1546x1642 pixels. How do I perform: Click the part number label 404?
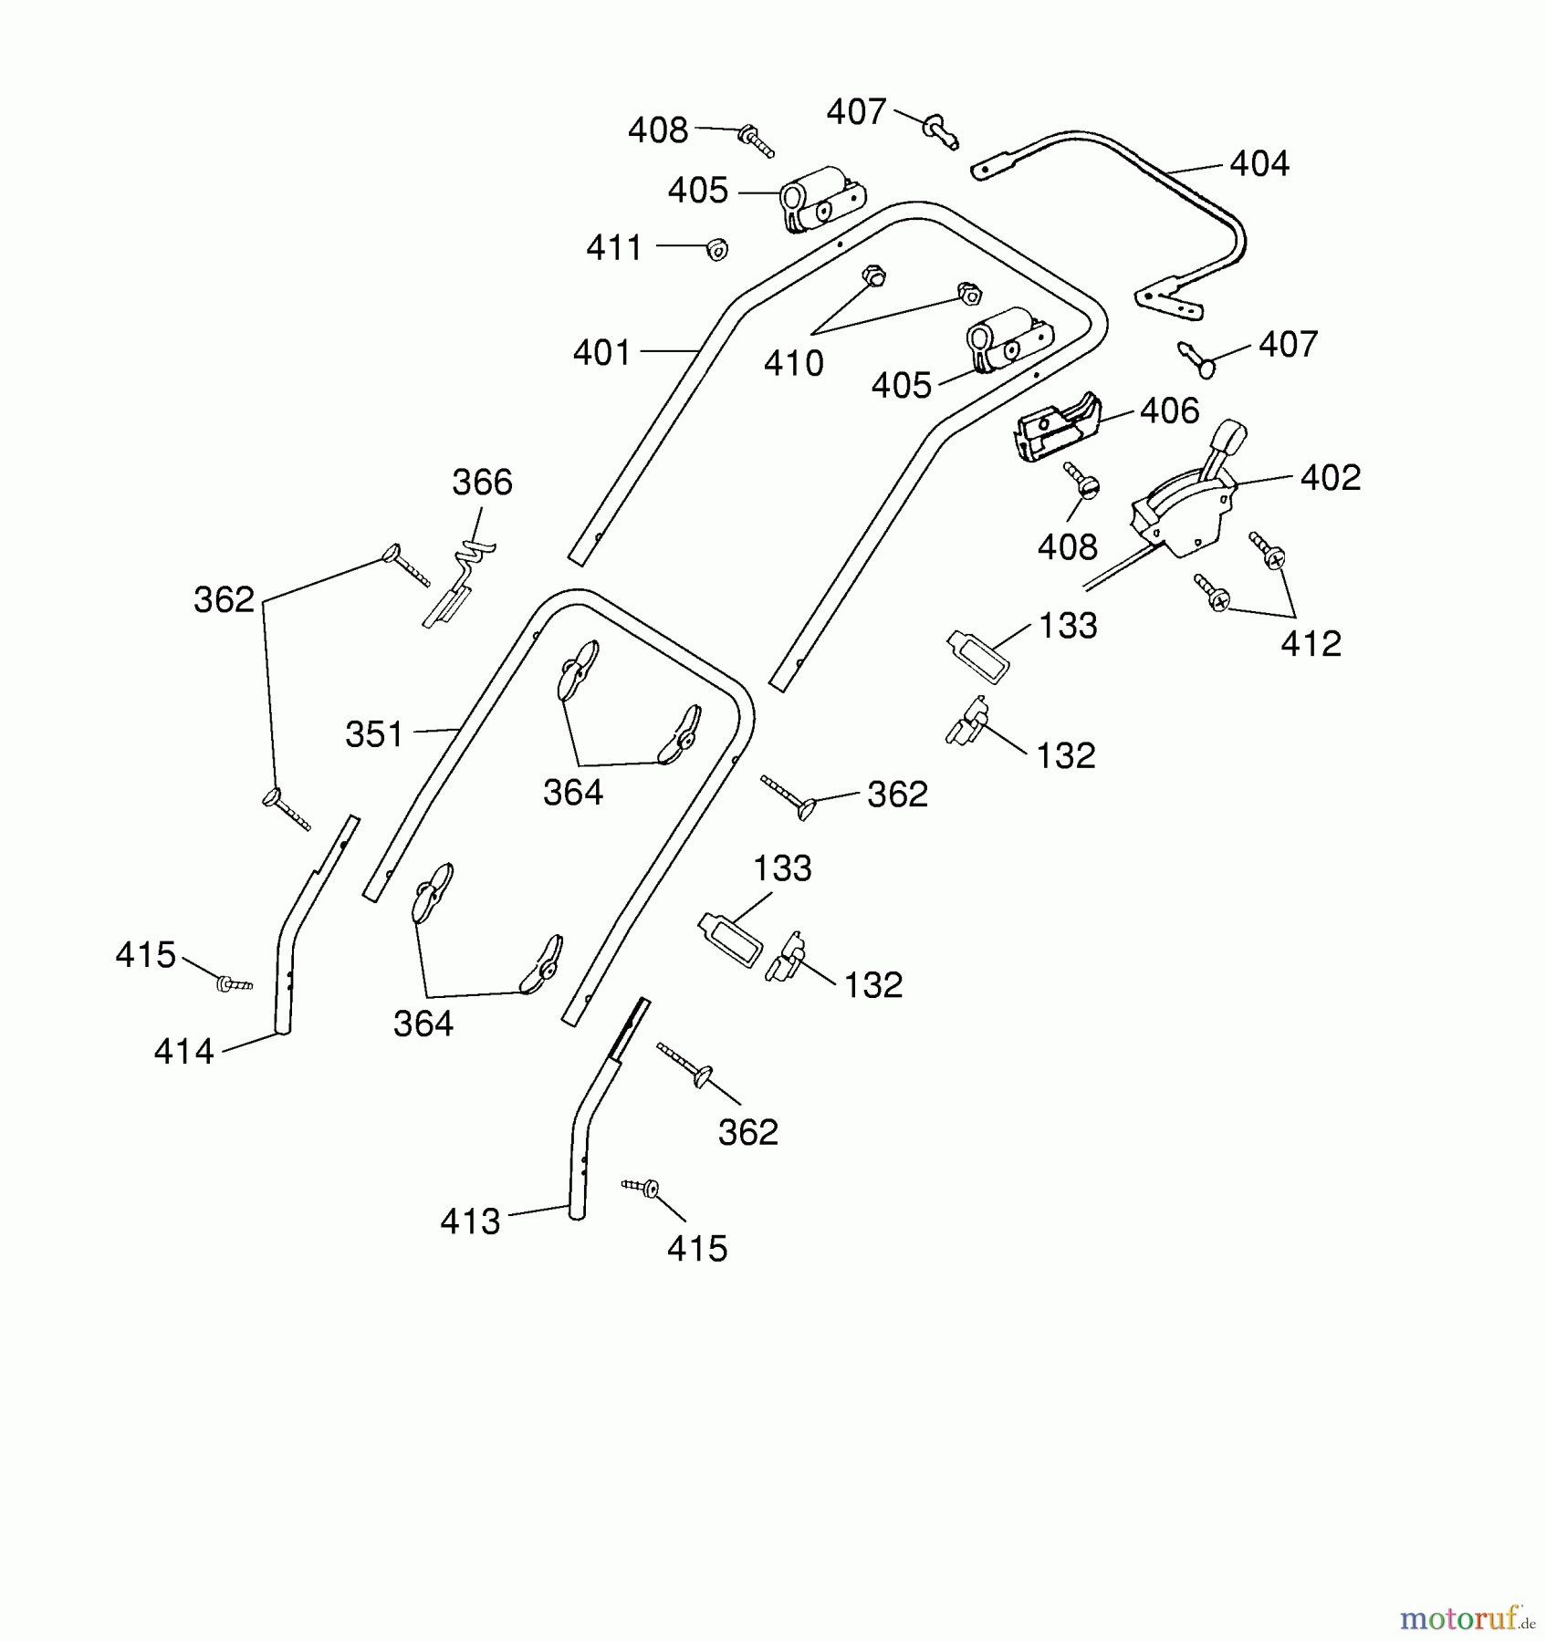1259,164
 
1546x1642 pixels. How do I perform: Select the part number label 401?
602,353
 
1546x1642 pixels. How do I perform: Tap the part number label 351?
374,734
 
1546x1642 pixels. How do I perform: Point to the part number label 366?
483,483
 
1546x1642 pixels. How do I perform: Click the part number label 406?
1170,411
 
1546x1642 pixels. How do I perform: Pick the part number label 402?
1331,478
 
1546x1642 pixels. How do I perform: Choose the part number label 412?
1311,644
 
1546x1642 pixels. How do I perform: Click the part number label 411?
615,248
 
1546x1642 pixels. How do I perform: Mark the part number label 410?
794,364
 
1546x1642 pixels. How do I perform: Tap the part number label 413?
471,1221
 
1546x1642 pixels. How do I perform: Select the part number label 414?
184,1052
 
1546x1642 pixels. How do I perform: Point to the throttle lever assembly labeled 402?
1186,511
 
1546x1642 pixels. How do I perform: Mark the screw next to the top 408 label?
757,140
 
